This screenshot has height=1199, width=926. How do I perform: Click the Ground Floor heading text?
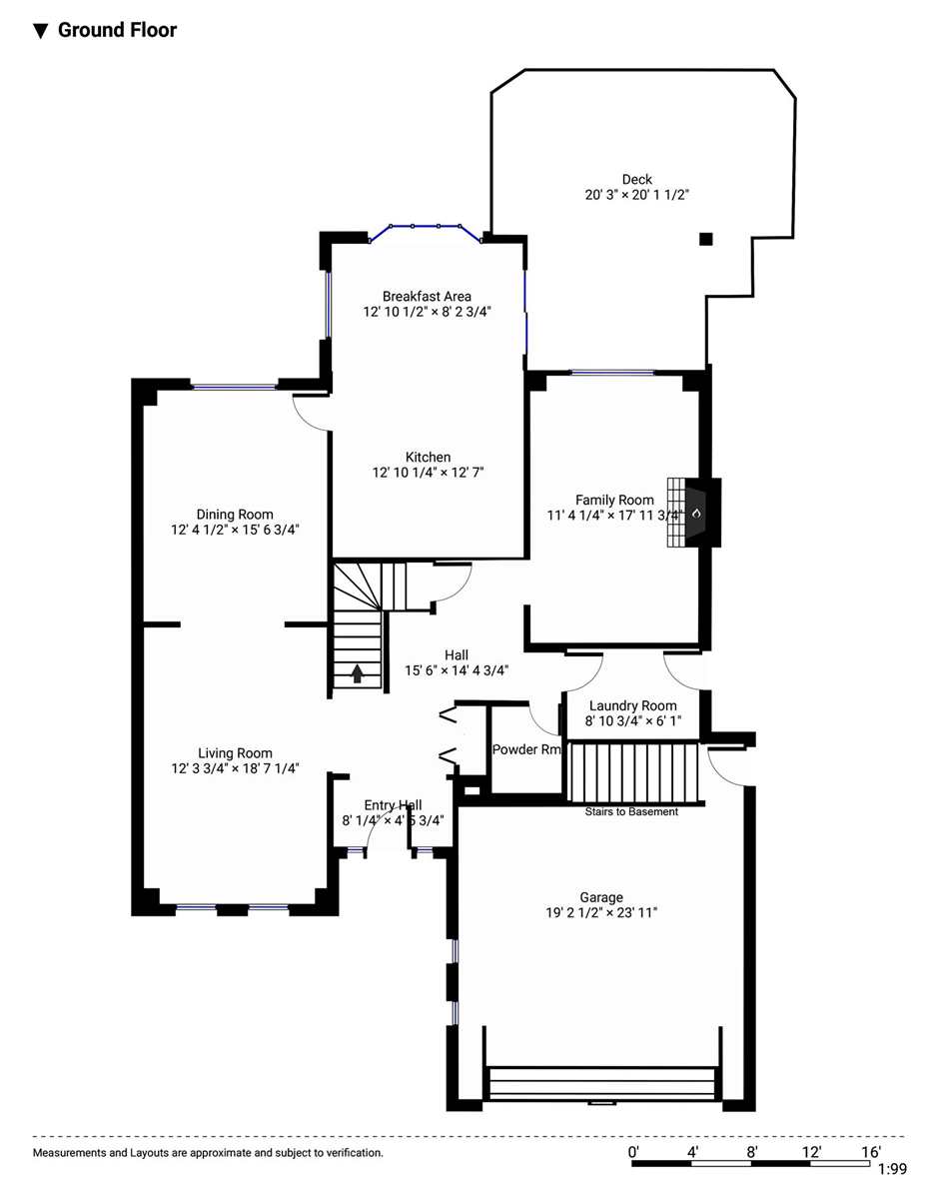tap(117, 30)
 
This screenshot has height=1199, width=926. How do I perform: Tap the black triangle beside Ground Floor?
tap(40, 31)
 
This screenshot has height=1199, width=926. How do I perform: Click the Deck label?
tap(637, 179)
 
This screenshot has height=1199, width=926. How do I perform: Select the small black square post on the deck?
tap(706, 239)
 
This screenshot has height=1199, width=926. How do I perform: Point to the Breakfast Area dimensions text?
tap(427, 312)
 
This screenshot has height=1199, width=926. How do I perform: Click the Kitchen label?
tap(428, 457)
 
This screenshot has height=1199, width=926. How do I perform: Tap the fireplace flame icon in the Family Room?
tap(696, 514)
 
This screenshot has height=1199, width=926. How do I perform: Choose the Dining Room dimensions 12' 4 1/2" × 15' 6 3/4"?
tap(235, 530)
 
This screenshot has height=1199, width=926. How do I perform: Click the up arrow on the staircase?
tap(358, 673)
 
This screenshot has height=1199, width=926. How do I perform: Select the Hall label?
tap(457, 654)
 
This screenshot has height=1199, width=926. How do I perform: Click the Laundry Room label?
tap(633, 705)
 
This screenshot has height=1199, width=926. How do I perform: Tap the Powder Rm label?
tap(526, 749)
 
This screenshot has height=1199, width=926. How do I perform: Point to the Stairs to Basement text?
tap(631, 811)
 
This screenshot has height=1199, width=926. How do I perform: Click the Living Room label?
tap(236, 753)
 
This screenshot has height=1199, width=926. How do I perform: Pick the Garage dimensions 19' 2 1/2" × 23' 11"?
tap(601, 912)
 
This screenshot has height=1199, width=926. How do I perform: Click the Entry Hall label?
tap(393, 805)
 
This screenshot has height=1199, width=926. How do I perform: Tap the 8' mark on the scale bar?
tap(752, 1152)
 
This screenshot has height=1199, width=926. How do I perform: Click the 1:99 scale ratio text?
tap(892, 1169)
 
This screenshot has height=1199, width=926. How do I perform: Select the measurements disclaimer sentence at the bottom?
tap(208, 1153)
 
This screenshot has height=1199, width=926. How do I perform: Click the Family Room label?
tap(615, 500)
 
